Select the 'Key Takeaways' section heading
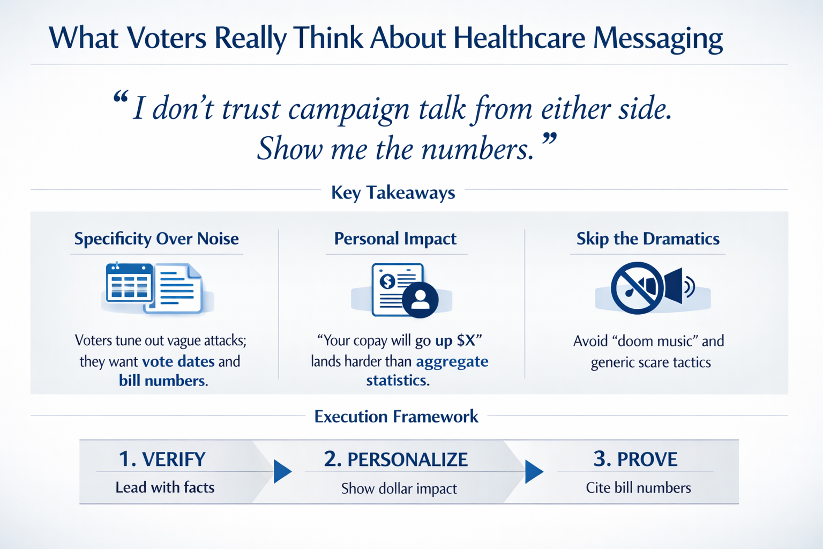tap(393, 192)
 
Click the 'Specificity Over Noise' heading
tap(156, 239)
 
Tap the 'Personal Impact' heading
tap(395, 239)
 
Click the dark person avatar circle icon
tap(420, 299)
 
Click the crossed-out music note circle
tap(637, 288)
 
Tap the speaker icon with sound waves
tap(679, 286)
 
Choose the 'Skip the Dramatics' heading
tap(648, 239)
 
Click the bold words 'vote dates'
tap(178, 361)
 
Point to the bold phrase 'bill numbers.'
tap(163, 381)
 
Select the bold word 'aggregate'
tap(452, 361)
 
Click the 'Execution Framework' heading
tap(396, 417)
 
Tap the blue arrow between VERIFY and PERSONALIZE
tap(282, 472)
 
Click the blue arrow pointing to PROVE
tap(534, 472)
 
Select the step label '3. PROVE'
tap(635, 459)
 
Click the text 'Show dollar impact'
tap(399, 488)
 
